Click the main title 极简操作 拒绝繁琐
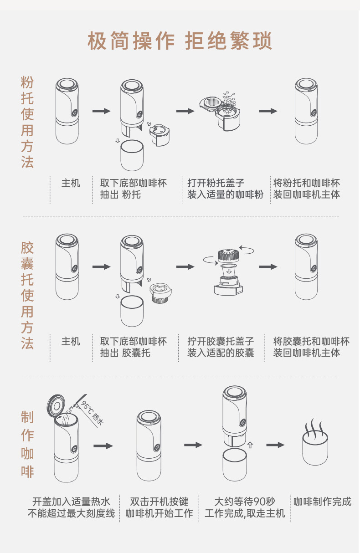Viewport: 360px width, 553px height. point(180,41)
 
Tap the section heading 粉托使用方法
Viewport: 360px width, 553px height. point(27,123)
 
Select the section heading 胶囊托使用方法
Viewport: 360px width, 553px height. point(27,295)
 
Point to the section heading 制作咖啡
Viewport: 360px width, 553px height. point(27,444)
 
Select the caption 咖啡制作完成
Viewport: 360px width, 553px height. point(323,502)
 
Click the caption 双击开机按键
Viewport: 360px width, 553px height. point(159,502)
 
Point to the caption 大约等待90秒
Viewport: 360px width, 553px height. point(245,502)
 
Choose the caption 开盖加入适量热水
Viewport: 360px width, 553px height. point(71,502)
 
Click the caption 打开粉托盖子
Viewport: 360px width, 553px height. point(216,183)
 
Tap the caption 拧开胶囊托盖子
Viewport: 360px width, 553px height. point(221,341)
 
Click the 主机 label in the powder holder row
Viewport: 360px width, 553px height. point(71,183)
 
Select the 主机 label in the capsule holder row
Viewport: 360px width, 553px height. point(71,341)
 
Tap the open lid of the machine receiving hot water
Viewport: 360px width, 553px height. point(56,403)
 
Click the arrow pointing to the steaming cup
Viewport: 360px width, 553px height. point(275,445)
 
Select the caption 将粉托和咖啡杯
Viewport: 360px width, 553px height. point(307,183)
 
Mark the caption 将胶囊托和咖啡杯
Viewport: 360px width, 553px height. point(311,341)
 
